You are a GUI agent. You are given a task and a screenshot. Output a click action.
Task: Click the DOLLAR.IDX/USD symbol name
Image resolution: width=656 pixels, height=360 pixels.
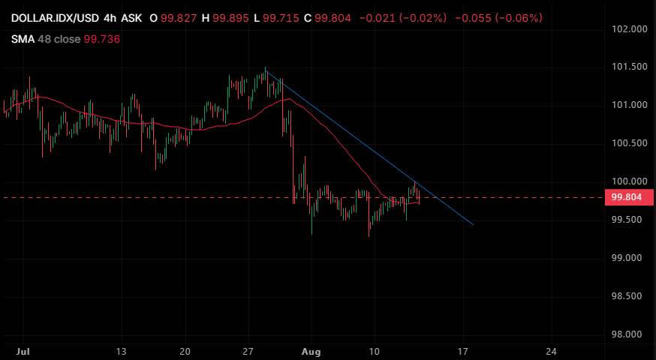[x=55, y=18]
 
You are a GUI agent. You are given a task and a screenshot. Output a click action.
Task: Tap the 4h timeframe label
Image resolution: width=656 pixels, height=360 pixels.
[x=110, y=18]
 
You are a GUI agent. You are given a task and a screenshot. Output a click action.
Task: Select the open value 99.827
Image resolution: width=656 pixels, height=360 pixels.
[x=179, y=18]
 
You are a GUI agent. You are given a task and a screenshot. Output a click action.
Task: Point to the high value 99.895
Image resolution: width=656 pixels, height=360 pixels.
[x=230, y=18]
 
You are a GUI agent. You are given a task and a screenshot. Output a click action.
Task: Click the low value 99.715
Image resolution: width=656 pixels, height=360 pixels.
[x=281, y=18]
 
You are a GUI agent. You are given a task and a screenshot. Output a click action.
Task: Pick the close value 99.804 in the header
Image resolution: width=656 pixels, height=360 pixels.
[x=333, y=18]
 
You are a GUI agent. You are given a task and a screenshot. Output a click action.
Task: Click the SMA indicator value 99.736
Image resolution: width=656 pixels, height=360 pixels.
[x=102, y=39]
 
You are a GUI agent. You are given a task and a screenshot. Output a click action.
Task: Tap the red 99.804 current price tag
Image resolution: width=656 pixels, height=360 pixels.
[x=629, y=197]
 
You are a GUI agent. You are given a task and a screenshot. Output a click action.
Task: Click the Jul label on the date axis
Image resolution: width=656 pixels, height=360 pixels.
[x=23, y=352]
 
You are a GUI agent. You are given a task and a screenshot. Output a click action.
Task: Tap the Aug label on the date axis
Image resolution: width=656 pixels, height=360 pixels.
[x=311, y=352]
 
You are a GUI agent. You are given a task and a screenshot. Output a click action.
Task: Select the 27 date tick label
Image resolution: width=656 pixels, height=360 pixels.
[x=248, y=352]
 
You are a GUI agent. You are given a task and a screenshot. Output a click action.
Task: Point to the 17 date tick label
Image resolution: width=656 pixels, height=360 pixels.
[x=462, y=352]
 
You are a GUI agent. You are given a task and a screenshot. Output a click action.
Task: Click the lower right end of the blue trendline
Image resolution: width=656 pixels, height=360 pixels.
[x=474, y=225]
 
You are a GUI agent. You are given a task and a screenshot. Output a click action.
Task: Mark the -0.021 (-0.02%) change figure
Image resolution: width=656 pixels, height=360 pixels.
[x=403, y=18]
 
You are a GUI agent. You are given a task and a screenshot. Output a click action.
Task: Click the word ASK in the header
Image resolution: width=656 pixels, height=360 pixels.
[x=132, y=18]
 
